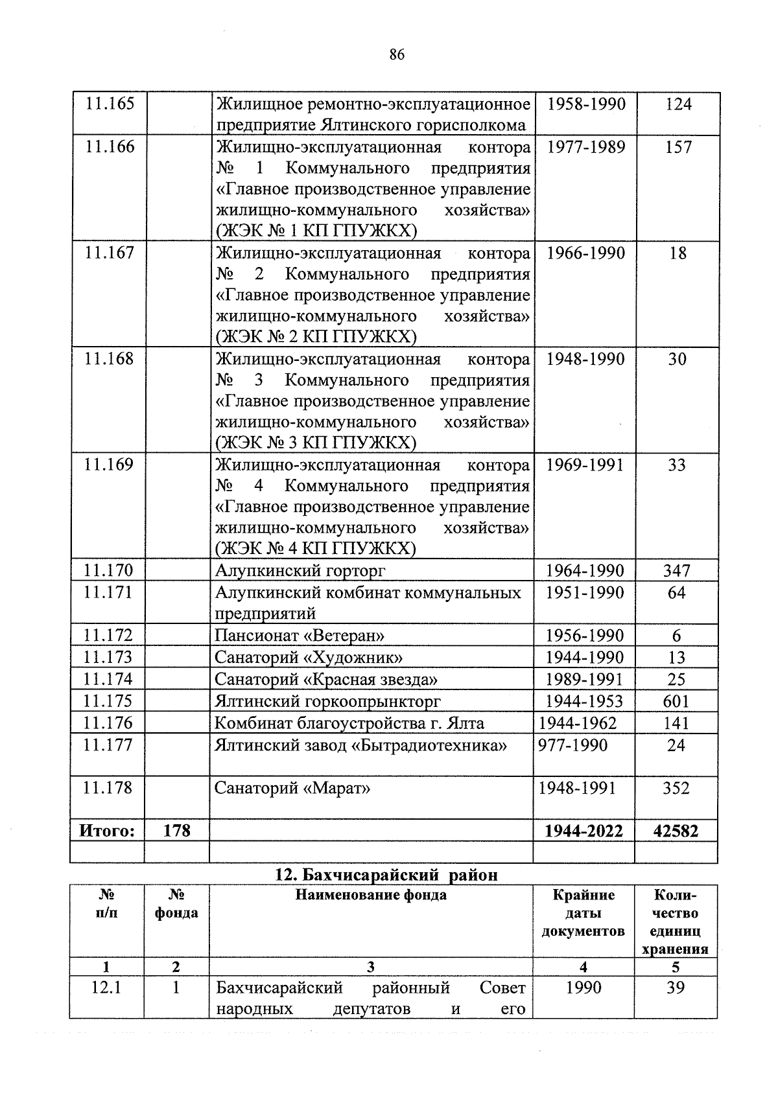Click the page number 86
pos(397,55)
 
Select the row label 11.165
pos(109,104)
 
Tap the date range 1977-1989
pos(586,147)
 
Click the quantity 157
pos(678,147)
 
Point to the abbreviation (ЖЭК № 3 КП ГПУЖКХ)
pos(316,443)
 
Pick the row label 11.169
pos(108,465)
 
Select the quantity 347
pos(676,571)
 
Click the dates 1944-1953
pos(584,701)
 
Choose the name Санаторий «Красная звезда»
pos(326,679)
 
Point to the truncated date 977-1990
pos(573,745)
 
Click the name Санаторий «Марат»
pos(292,789)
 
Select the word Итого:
pos(107,831)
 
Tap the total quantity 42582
pos(676,831)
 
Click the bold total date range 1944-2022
pos(584,831)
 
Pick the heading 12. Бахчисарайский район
pos(387,875)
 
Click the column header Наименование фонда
pos(371,896)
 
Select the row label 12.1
pos(107,988)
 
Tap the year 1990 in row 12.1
pos(583,988)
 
